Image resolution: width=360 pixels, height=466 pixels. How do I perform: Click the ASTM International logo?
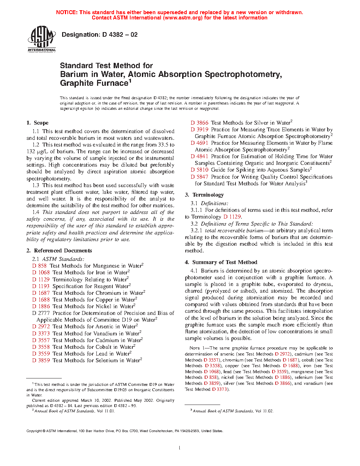point(42,39)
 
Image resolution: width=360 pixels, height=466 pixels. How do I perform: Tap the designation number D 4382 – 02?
point(100,35)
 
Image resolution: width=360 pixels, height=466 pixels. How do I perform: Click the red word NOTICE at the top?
point(67,12)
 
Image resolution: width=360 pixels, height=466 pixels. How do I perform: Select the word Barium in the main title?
point(74,74)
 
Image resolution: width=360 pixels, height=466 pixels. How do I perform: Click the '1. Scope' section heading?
point(37,123)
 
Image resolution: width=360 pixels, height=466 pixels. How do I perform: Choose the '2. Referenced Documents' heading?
point(59,251)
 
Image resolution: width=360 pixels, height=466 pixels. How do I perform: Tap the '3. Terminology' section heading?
point(204,195)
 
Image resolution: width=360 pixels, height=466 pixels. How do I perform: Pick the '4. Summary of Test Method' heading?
point(221,262)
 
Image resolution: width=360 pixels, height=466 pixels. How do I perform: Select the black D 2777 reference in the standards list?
point(41,313)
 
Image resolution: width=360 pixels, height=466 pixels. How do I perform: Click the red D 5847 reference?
point(199,177)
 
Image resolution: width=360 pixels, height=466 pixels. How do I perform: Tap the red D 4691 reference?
point(199,143)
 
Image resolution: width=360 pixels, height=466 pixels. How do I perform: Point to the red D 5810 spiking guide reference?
point(199,170)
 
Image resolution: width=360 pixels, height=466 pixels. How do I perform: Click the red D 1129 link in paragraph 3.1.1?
point(232,217)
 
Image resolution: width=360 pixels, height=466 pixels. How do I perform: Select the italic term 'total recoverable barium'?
point(234,231)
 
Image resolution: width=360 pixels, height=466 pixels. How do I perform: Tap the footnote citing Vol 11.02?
point(233,411)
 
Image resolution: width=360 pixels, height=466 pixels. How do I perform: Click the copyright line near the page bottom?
point(125,431)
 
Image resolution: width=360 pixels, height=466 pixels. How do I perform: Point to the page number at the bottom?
point(180,448)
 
